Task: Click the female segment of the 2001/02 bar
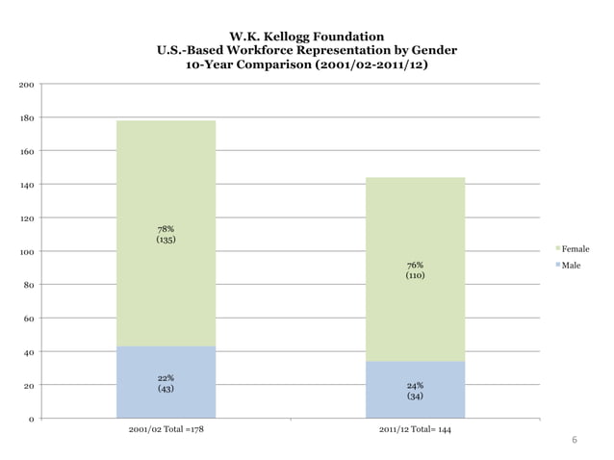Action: click(166, 183)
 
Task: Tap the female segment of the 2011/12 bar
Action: click(415, 221)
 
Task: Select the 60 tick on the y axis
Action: click(29, 319)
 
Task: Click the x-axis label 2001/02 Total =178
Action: click(166, 429)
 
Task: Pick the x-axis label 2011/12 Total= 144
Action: click(415, 429)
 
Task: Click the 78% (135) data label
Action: click(166, 234)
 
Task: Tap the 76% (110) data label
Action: click(415, 270)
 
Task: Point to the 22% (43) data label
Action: click(166, 384)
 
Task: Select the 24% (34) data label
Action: click(415, 391)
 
